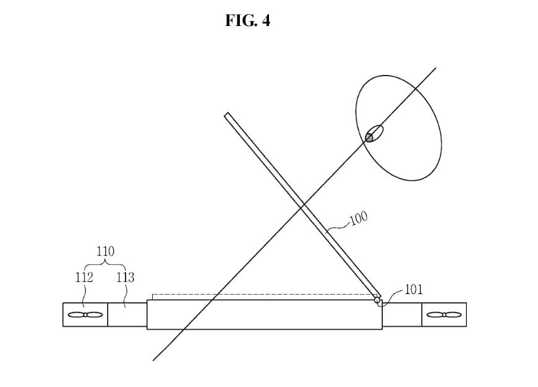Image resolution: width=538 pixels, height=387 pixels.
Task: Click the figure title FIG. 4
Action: (x=247, y=20)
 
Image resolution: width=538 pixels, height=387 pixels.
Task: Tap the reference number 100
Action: (x=359, y=218)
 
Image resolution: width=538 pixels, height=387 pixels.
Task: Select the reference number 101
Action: (x=414, y=289)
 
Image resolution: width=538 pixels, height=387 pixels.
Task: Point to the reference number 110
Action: (x=105, y=251)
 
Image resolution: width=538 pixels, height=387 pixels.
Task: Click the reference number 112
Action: (x=84, y=277)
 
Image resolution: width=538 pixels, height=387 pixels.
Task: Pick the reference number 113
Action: (x=126, y=277)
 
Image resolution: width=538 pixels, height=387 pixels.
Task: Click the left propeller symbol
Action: (x=85, y=315)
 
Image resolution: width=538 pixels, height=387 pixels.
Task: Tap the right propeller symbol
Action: (x=444, y=315)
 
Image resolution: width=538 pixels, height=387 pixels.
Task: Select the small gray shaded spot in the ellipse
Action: (x=369, y=138)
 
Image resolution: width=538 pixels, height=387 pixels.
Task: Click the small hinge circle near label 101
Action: (x=377, y=301)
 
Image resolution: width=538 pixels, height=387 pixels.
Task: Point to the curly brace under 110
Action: (x=105, y=264)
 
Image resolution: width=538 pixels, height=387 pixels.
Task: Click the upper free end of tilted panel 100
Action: (x=226, y=115)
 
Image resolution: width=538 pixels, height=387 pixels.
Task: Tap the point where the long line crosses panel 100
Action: (x=302, y=207)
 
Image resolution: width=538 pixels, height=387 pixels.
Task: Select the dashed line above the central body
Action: (x=264, y=295)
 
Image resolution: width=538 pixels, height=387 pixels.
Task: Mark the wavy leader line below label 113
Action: (x=126, y=295)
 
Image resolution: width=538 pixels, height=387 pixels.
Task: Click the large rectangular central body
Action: (x=265, y=315)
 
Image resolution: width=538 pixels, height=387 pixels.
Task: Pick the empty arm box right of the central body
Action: (x=402, y=315)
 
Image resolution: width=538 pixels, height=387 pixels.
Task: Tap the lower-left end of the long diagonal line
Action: (x=153, y=360)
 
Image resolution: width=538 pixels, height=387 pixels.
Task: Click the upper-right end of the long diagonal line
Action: (x=436, y=68)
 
